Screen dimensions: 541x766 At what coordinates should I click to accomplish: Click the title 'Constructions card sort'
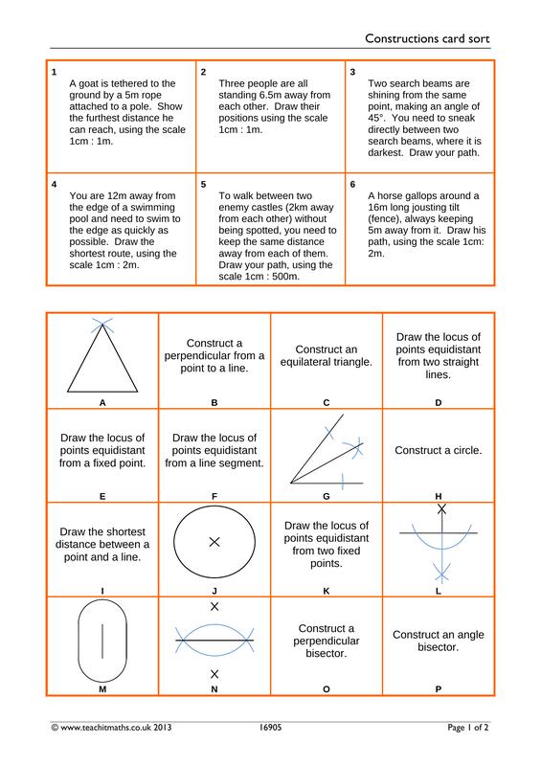click(x=427, y=38)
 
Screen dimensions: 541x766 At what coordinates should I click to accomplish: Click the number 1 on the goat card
click(x=54, y=72)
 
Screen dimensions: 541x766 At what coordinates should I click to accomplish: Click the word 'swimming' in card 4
click(x=154, y=207)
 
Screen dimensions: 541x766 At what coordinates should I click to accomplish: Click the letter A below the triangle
click(x=102, y=403)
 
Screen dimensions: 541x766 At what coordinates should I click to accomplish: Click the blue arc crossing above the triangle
click(x=102, y=324)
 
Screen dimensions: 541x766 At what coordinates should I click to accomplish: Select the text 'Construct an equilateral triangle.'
click(x=326, y=355)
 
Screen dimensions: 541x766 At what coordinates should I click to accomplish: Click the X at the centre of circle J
click(x=214, y=542)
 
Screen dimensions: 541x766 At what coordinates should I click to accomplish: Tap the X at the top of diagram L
click(x=441, y=509)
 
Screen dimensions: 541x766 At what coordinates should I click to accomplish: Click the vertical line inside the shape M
click(x=102, y=641)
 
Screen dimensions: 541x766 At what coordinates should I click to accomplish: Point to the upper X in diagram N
click(x=214, y=607)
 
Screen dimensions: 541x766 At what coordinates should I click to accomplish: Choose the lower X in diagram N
click(x=214, y=674)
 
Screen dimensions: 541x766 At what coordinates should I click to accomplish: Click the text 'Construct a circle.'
click(x=438, y=450)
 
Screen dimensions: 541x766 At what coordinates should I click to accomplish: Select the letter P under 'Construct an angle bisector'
click(x=438, y=689)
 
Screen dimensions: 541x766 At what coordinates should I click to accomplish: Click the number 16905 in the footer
click(x=270, y=728)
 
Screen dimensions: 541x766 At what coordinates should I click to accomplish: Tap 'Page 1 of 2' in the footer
click(x=467, y=728)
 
